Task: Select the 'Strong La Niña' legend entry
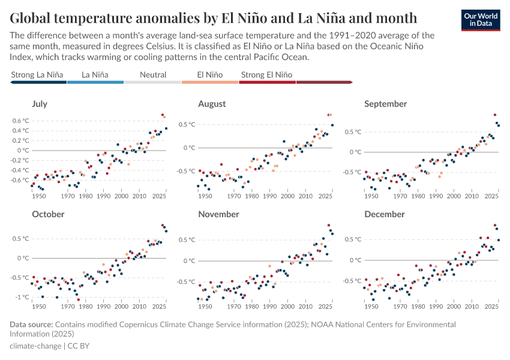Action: pyautogui.click(x=37, y=75)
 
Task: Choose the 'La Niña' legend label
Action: pyautogui.click(x=95, y=75)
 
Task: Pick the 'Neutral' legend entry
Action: pyautogui.click(x=152, y=75)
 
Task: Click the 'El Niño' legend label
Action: pyautogui.click(x=210, y=75)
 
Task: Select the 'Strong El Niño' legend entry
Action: pyautogui.click(x=266, y=75)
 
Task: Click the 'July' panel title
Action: pyautogui.click(x=40, y=104)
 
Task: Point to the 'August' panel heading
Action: pyautogui.click(x=212, y=104)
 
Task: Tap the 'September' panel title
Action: pyautogui.click(x=385, y=104)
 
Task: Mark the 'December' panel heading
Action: pyautogui.click(x=385, y=214)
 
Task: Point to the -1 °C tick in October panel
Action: pyautogui.click(x=21, y=298)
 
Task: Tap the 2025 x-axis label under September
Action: pyautogui.click(x=491, y=196)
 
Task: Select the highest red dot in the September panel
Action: pyautogui.click(x=495, y=115)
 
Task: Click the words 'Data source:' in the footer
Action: pyautogui.click(x=31, y=325)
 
